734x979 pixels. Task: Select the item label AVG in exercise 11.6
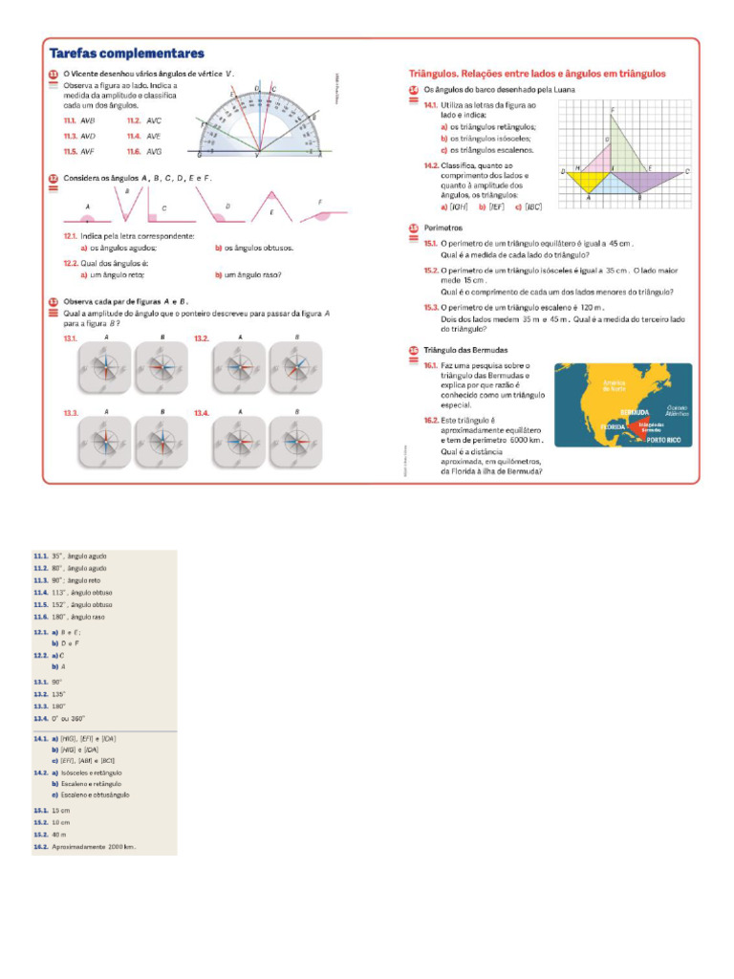tap(153, 151)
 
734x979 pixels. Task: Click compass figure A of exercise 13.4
tap(239, 442)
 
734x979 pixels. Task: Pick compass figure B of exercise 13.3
tap(162, 442)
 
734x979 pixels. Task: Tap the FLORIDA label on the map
tap(613, 426)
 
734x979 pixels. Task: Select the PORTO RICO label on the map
tap(663, 440)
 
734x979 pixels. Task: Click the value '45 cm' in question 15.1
tap(621, 244)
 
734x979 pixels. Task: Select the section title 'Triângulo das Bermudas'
tap(466, 350)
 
